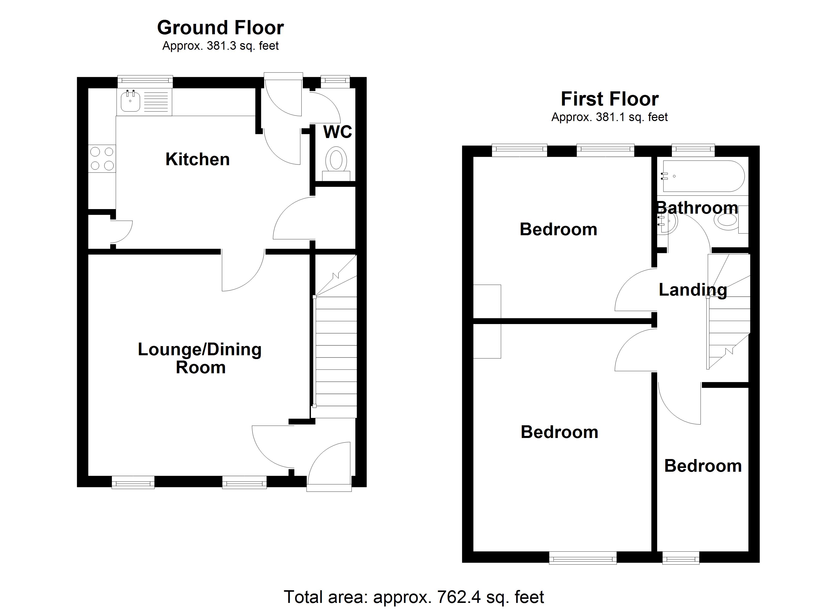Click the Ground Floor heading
pos(220,28)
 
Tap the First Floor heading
pos(610,99)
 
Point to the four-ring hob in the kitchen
pos(102,158)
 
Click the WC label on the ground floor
pos(338,132)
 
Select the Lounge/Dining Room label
pos(200,358)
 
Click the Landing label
pos(693,290)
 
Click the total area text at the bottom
pos(414,597)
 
